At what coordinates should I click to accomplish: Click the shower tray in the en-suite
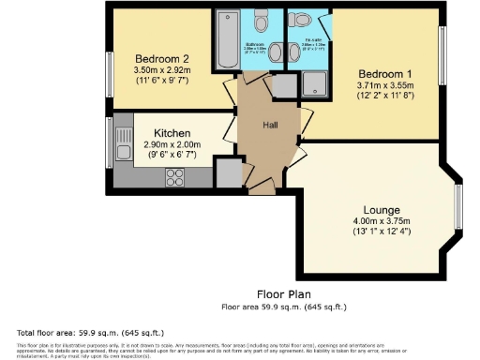tap(312, 86)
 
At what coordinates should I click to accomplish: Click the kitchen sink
tap(123, 143)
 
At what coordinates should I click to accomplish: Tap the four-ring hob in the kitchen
tap(175, 176)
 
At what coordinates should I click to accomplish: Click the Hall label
tap(270, 124)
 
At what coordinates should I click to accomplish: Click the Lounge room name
tap(382, 209)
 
